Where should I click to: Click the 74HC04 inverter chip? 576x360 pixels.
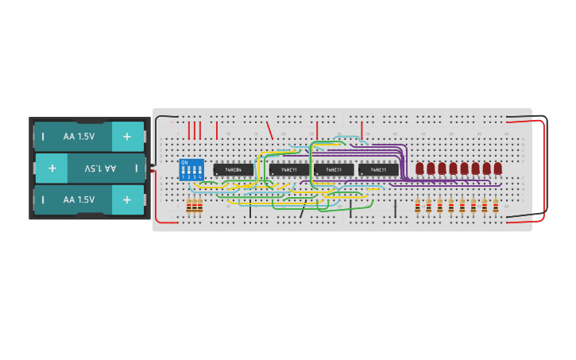pyautogui.click(x=233, y=169)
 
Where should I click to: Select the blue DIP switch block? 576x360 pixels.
pyautogui.click(x=191, y=169)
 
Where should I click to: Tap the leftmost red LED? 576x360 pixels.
pyautogui.click(x=419, y=168)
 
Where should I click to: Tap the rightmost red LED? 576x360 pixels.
pyautogui.click(x=497, y=168)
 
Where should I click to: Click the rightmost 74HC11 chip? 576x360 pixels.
pyautogui.click(x=378, y=169)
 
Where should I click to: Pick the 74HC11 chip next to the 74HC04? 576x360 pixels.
pyautogui.click(x=288, y=169)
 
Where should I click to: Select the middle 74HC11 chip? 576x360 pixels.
pyautogui.click(x=334, y=169)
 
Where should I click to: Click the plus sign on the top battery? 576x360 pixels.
pyautogui.click(x=127, y=136)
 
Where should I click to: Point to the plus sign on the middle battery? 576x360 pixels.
pyautogui.click(x=52, y=168)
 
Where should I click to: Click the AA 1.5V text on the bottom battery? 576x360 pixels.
pyautogui.click(x=79, y=199)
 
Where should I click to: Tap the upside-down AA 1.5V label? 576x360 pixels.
pyautogui.click(x=100, y=168)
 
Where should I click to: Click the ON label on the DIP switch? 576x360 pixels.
pyautogui.click(x=184, y=162)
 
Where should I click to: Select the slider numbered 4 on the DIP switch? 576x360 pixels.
pyautogui.click(x=199, y=170)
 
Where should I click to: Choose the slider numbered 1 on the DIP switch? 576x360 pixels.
pyautogui.click(x=184, y=170)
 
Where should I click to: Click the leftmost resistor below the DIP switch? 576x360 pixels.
pyautogui.click(x=189, y=207)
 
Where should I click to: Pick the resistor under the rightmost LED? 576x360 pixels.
pyautogui.click(x=496, y=207)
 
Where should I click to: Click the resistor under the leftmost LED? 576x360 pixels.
pyautogui.click(x=418, y=207)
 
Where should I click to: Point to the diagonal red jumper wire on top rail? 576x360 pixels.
pyautogui.click(x=269, y=130)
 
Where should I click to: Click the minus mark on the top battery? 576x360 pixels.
pyautogui.click(x=43, y=136)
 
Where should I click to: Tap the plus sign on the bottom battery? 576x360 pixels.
pyautogui.click(x=127, y=199)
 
